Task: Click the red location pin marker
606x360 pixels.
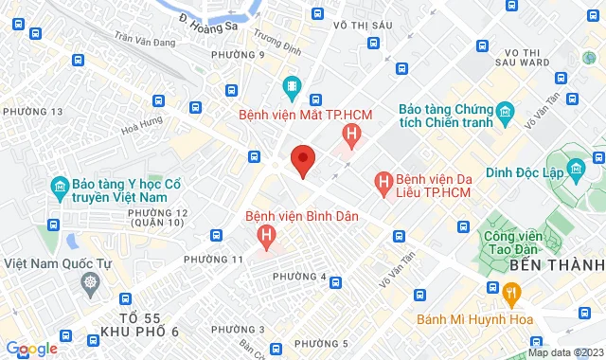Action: click(302, 160)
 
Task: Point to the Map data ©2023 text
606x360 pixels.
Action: click(565, 352)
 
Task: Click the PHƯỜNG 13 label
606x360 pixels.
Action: click(33, 112)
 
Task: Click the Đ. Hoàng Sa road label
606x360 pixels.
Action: click(210, 24)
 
